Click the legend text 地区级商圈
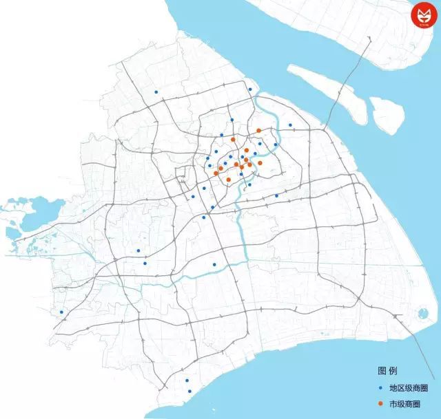point(404,388)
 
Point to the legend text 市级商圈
point(400,405)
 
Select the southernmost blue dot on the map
point(189,392)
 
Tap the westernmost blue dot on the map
point(62,312)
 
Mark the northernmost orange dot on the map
point(258,130)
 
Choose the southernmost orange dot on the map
point(228,180)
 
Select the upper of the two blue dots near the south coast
point(187,380)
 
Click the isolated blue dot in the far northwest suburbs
point(156,92)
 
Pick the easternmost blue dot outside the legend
point(291,125)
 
